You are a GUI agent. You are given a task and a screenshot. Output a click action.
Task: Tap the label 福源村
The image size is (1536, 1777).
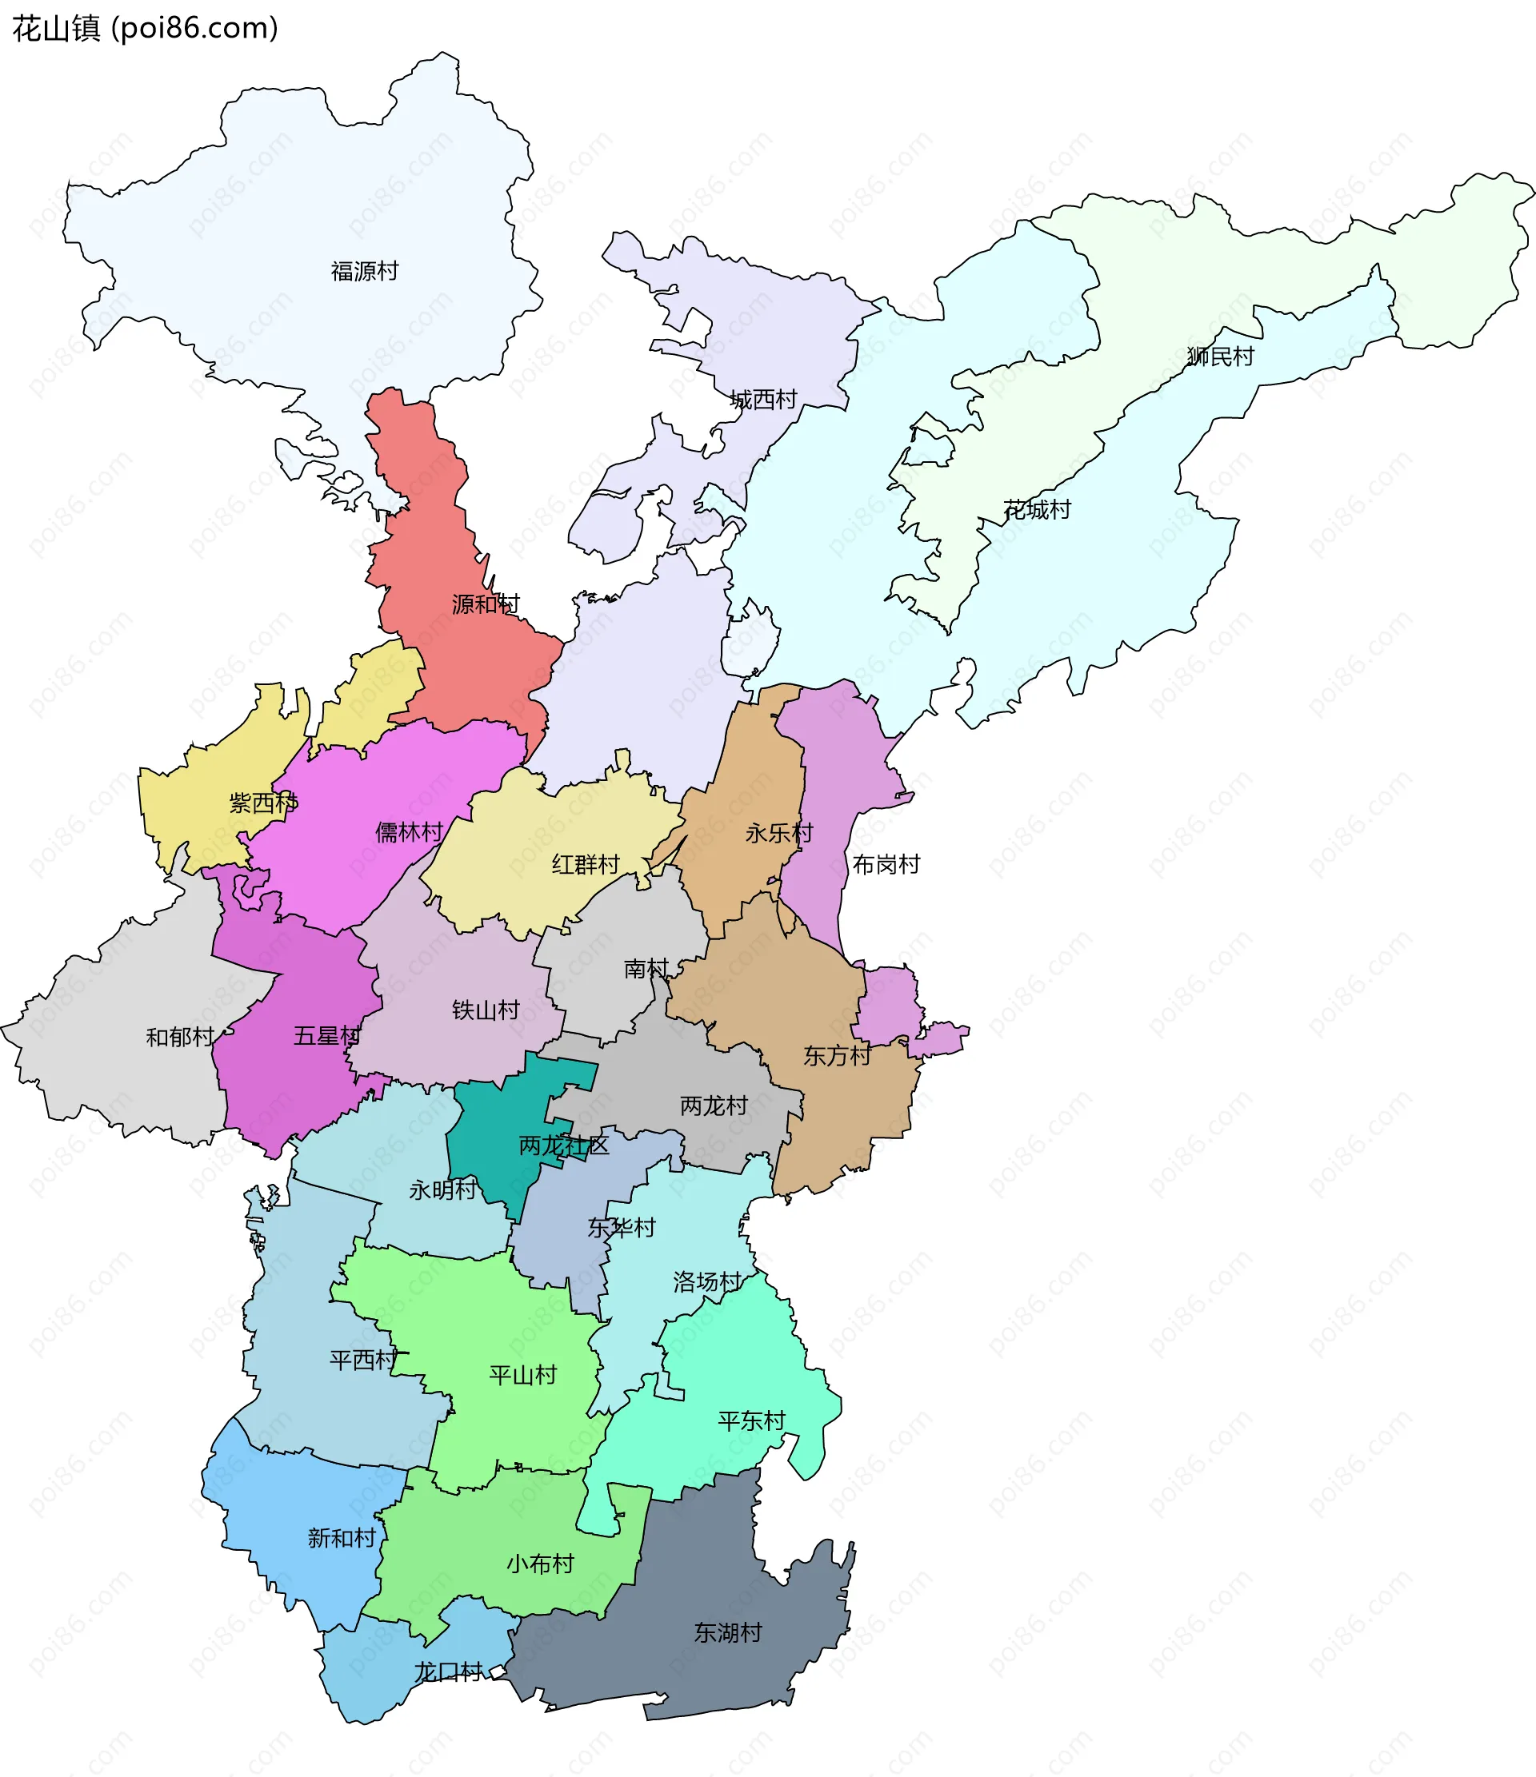tap(365, 271)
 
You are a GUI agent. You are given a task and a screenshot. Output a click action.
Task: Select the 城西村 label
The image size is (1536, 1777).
tap(763, 399)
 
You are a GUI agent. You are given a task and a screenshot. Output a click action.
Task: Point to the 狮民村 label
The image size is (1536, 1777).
tap(1219, 356)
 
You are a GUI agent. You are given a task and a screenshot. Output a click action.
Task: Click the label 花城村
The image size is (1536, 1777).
tap(1037, 509)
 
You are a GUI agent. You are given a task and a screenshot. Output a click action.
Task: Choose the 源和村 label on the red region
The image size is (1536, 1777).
tap(486, 604)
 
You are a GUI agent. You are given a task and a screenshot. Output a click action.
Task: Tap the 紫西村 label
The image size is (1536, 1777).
tap(262, 803)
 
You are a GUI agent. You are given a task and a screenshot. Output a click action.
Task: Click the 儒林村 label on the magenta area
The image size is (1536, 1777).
tap(410, 831)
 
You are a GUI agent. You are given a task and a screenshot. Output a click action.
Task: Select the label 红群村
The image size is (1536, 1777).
tap(586, 863)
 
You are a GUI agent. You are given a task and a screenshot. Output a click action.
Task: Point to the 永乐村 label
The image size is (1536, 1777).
tap(778, 833)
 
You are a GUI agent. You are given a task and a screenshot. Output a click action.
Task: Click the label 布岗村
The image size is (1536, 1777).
tap(886, 863)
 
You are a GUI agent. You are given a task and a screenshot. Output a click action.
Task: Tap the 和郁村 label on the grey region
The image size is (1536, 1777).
tap(179, 1037)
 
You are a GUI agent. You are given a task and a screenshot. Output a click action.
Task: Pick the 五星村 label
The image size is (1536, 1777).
tap(327, 1035)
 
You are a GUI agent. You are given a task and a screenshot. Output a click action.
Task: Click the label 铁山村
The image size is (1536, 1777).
tap(486, 1010)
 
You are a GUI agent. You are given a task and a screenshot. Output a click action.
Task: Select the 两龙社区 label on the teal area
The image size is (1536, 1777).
tap(564, 1145)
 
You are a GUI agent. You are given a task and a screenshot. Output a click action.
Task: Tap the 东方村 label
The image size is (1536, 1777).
tap(837, 1056)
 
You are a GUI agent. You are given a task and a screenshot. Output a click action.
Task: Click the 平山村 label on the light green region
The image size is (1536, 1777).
tap(522, 1375)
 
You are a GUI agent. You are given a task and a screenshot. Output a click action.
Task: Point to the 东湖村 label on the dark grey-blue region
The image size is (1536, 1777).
tap(728, 1632)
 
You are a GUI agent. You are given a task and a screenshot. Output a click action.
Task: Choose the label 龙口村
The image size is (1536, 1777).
tap(449, 1671)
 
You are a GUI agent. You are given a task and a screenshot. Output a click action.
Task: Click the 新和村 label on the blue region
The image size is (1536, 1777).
tap(342, 1538)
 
